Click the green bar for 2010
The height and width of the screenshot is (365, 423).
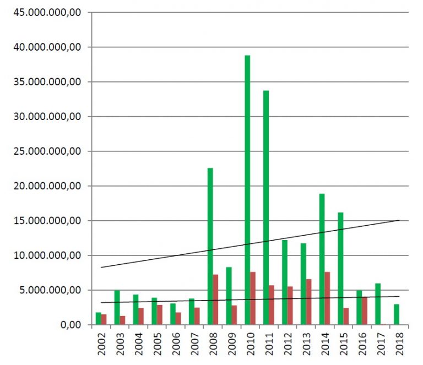[x=247, y=190]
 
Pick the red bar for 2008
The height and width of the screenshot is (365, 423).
[x=216, y=299]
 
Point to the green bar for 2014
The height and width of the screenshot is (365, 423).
[x=322, y=259]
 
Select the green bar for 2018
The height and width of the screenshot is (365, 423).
[x=396, y=314]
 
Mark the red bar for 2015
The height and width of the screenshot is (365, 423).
[x=346, y=316]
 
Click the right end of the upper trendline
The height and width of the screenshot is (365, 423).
[x=399, y=220]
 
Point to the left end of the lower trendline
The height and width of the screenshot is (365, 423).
[x=101, y=303]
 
